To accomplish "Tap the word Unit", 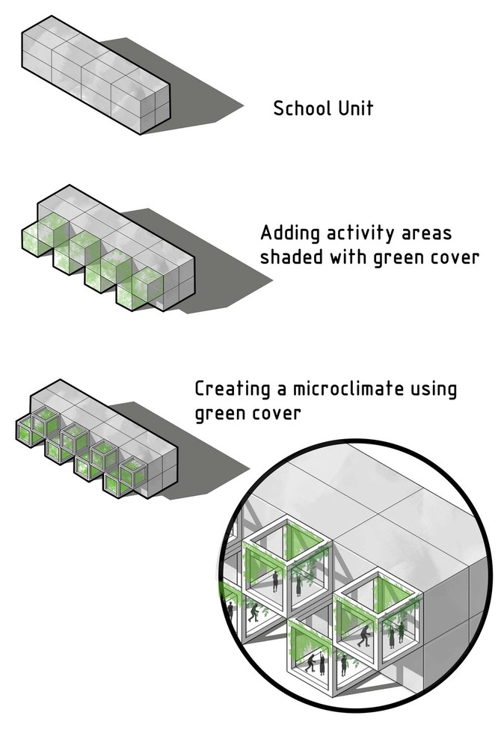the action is (356, 108).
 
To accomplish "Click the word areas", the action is (426, 234).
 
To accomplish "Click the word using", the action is (433, 390).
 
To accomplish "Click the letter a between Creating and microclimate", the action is (281, 390).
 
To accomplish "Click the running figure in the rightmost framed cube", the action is (364, 636).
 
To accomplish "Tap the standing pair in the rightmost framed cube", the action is (396, 635).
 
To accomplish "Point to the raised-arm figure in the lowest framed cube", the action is (311, 663).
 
